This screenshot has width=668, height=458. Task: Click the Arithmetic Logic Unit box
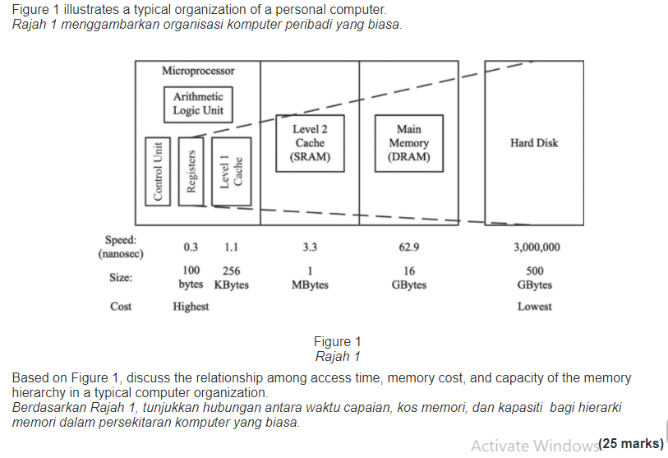(x=197, y=104)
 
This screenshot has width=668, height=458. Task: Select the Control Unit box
(x=156, y=171)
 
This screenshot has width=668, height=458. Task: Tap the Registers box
(x=191, y=171)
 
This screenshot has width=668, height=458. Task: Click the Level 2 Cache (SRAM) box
(x=310, y=142)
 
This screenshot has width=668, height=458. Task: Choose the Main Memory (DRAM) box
(x=408, y=142)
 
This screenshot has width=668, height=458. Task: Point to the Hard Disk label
(x=533, y=143)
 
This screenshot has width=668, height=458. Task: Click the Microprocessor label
(x=198, y=72)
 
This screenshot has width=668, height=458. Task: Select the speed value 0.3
(x=191, y=247)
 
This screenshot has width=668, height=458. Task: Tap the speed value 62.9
(x=408, y=247)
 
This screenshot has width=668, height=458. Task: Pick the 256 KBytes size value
(x=231, y=278)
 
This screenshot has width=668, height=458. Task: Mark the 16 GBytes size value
(x=408, y=278)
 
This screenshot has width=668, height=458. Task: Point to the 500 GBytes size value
(x=534, y=278)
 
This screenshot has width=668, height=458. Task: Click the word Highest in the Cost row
(x=191, y=307)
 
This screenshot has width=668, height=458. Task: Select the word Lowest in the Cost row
(x=534, y=307)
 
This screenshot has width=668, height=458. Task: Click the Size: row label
(x=121, y=278)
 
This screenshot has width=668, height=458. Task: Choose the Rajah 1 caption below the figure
(x=338, y=357)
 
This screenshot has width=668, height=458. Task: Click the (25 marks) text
(x=631, y=444)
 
